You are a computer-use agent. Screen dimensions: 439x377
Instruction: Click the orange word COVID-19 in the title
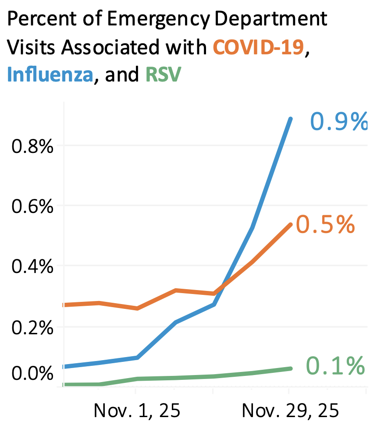click(258, 47)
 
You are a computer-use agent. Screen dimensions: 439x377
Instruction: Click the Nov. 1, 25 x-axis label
click(137, 411)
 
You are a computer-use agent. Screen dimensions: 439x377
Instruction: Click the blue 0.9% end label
click(338, 122)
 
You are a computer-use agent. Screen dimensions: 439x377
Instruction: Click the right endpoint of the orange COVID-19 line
click(290, 224)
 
